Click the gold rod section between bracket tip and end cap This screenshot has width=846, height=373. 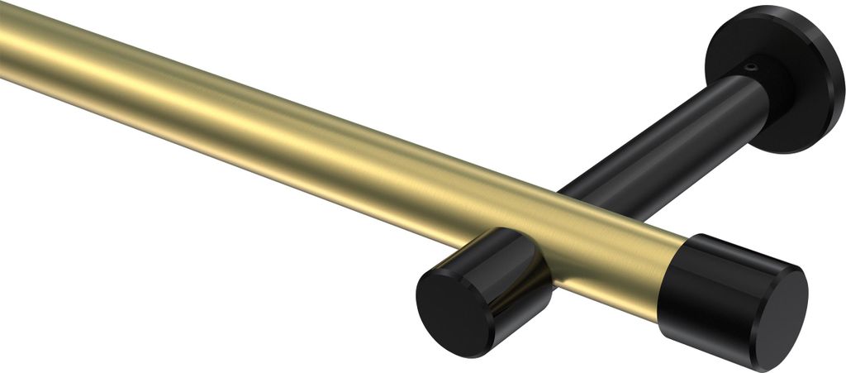tap(611, 248)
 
